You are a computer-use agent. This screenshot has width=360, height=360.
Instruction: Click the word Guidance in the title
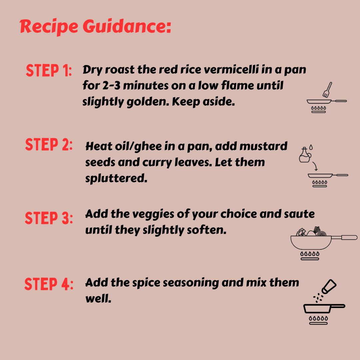tap(127, 26)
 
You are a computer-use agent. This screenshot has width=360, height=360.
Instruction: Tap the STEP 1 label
tap(49, 70)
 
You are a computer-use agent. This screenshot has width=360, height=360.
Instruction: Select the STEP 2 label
tap(49, 144)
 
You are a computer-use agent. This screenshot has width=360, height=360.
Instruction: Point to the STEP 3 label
tap(49, 218)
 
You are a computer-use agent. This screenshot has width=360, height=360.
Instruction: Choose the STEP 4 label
tap(49, 284)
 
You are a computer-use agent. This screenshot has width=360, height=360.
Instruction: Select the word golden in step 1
tap(148, 102)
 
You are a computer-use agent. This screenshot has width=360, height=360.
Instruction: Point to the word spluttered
tap(116, 178)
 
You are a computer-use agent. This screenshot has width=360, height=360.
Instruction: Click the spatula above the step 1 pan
tap(327, 90)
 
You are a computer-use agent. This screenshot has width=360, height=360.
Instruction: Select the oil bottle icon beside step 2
tap(305, 155)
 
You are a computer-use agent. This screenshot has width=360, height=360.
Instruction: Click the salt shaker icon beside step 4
tap(329, 286)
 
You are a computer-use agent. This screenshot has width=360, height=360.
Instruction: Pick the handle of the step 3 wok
tap(345, 238)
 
